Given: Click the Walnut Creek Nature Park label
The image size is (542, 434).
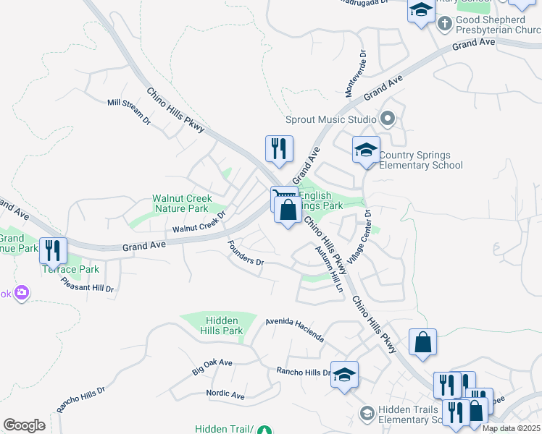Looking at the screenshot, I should pos(181,203).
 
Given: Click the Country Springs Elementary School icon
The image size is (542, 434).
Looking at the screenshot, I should pos(366,150).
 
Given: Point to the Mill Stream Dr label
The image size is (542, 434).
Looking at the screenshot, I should pos(128,111).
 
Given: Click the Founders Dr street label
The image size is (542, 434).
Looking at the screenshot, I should pos(246,252).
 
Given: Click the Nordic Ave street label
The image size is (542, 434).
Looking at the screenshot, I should pos(225,394).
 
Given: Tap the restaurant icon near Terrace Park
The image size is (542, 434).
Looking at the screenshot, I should pos(53,250).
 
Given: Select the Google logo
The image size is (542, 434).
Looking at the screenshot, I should pos(24,425).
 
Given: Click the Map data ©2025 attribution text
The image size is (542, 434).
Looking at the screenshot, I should pos(511,428).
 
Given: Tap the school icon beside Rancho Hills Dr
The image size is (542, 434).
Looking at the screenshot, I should pos(345,375).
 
